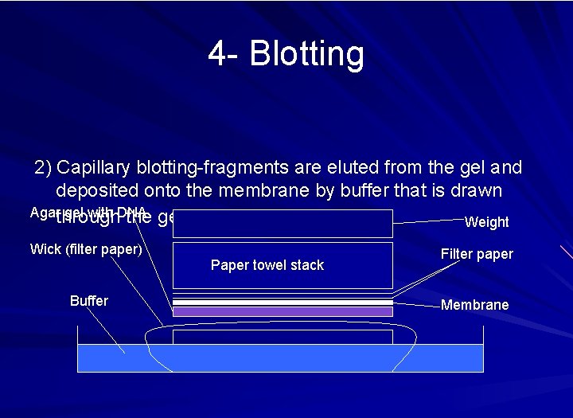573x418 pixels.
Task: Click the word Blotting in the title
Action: (x=306, y=54)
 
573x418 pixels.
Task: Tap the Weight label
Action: (x=486, y=222)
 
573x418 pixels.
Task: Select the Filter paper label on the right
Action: (x=477, y=254)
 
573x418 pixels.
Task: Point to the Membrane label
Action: (x=474, y=305)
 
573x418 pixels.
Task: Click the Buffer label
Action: (x=88, y=300)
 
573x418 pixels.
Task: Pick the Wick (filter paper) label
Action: (x=86, y=249)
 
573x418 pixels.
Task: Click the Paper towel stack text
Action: (x=267, y=265)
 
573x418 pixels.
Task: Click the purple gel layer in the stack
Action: (x=283, y=312)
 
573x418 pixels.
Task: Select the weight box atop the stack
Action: (x=283, y=224)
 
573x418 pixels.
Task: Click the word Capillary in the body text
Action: (x=94, y=168)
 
